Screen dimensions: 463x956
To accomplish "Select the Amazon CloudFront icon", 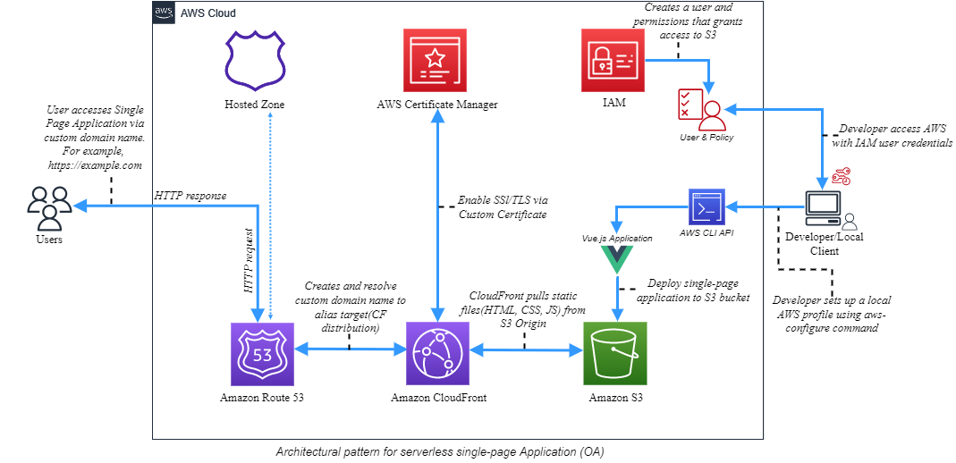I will [438, 353].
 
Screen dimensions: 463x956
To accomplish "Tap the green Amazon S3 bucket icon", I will [614, 353].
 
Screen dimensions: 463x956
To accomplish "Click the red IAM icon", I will [613, 59].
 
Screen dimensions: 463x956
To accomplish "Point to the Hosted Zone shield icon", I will [255, 59].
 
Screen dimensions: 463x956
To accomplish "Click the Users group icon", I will [49, 207].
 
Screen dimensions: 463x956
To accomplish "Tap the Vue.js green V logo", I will [616, 259].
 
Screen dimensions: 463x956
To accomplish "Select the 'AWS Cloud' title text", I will [208, 14].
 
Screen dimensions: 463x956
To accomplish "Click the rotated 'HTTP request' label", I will [248, 262].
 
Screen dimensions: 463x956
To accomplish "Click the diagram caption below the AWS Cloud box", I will [440, 451].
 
